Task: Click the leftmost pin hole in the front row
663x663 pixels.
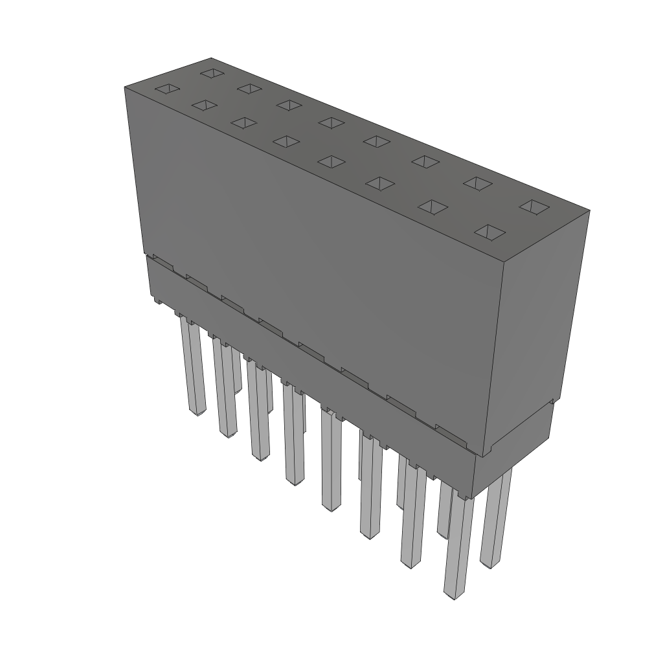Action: pyautogui.click(x=165, y=88)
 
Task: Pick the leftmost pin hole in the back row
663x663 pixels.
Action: pyautogui.click(x=211, y=73)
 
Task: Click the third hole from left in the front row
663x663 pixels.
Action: pyautogui.click(x=243, y=122)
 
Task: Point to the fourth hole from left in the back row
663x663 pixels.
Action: pyautogui.click(x=331, y=122)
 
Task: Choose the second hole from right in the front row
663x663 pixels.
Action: pyautogui.click(x=433, y=207)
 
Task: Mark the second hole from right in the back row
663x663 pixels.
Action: pyautogui.click(x=478, y=183)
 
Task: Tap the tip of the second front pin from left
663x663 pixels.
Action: pyautogui.click(x=228, y=433)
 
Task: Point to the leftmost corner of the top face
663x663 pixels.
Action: pyautogui.click(x=124, y=87)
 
